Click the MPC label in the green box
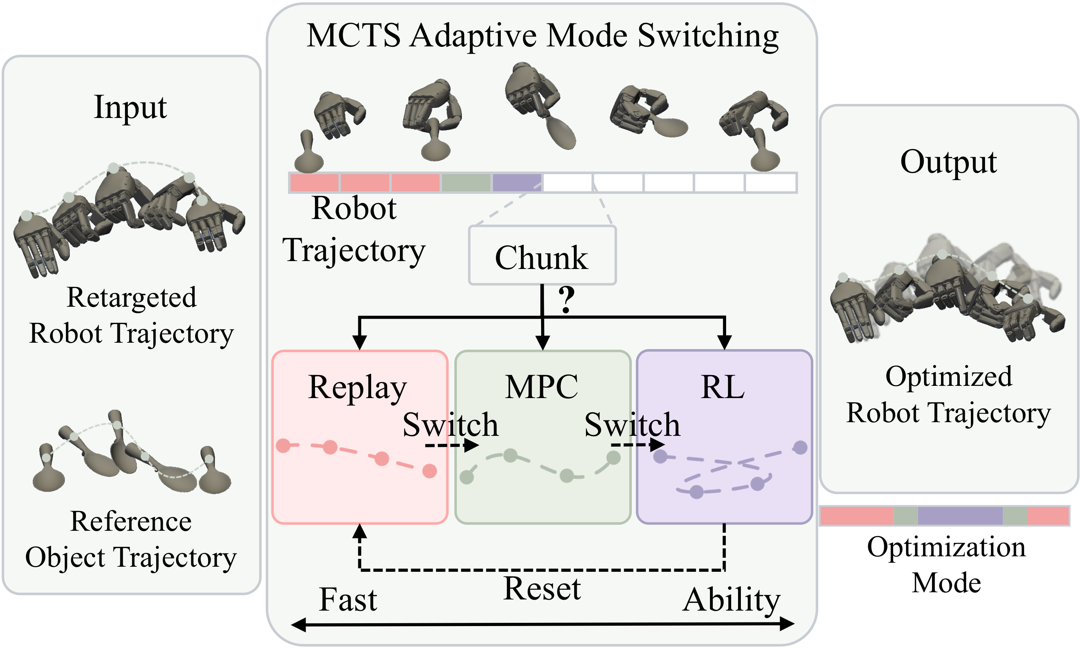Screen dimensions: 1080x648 (x=541, y=387)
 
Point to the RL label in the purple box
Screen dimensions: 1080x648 (x=723, y=387)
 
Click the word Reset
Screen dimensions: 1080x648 (x=542, y=589)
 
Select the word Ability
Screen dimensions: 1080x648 (x=732, y=602)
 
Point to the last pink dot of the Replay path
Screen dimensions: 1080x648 (x=429, y=471)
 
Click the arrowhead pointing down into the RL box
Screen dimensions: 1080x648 (x=725, y=342)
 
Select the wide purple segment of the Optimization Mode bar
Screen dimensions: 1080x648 (x=960, y=516)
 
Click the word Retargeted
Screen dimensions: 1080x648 (x=131, y=298)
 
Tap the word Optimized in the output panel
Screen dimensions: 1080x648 (x=949, y=377)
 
